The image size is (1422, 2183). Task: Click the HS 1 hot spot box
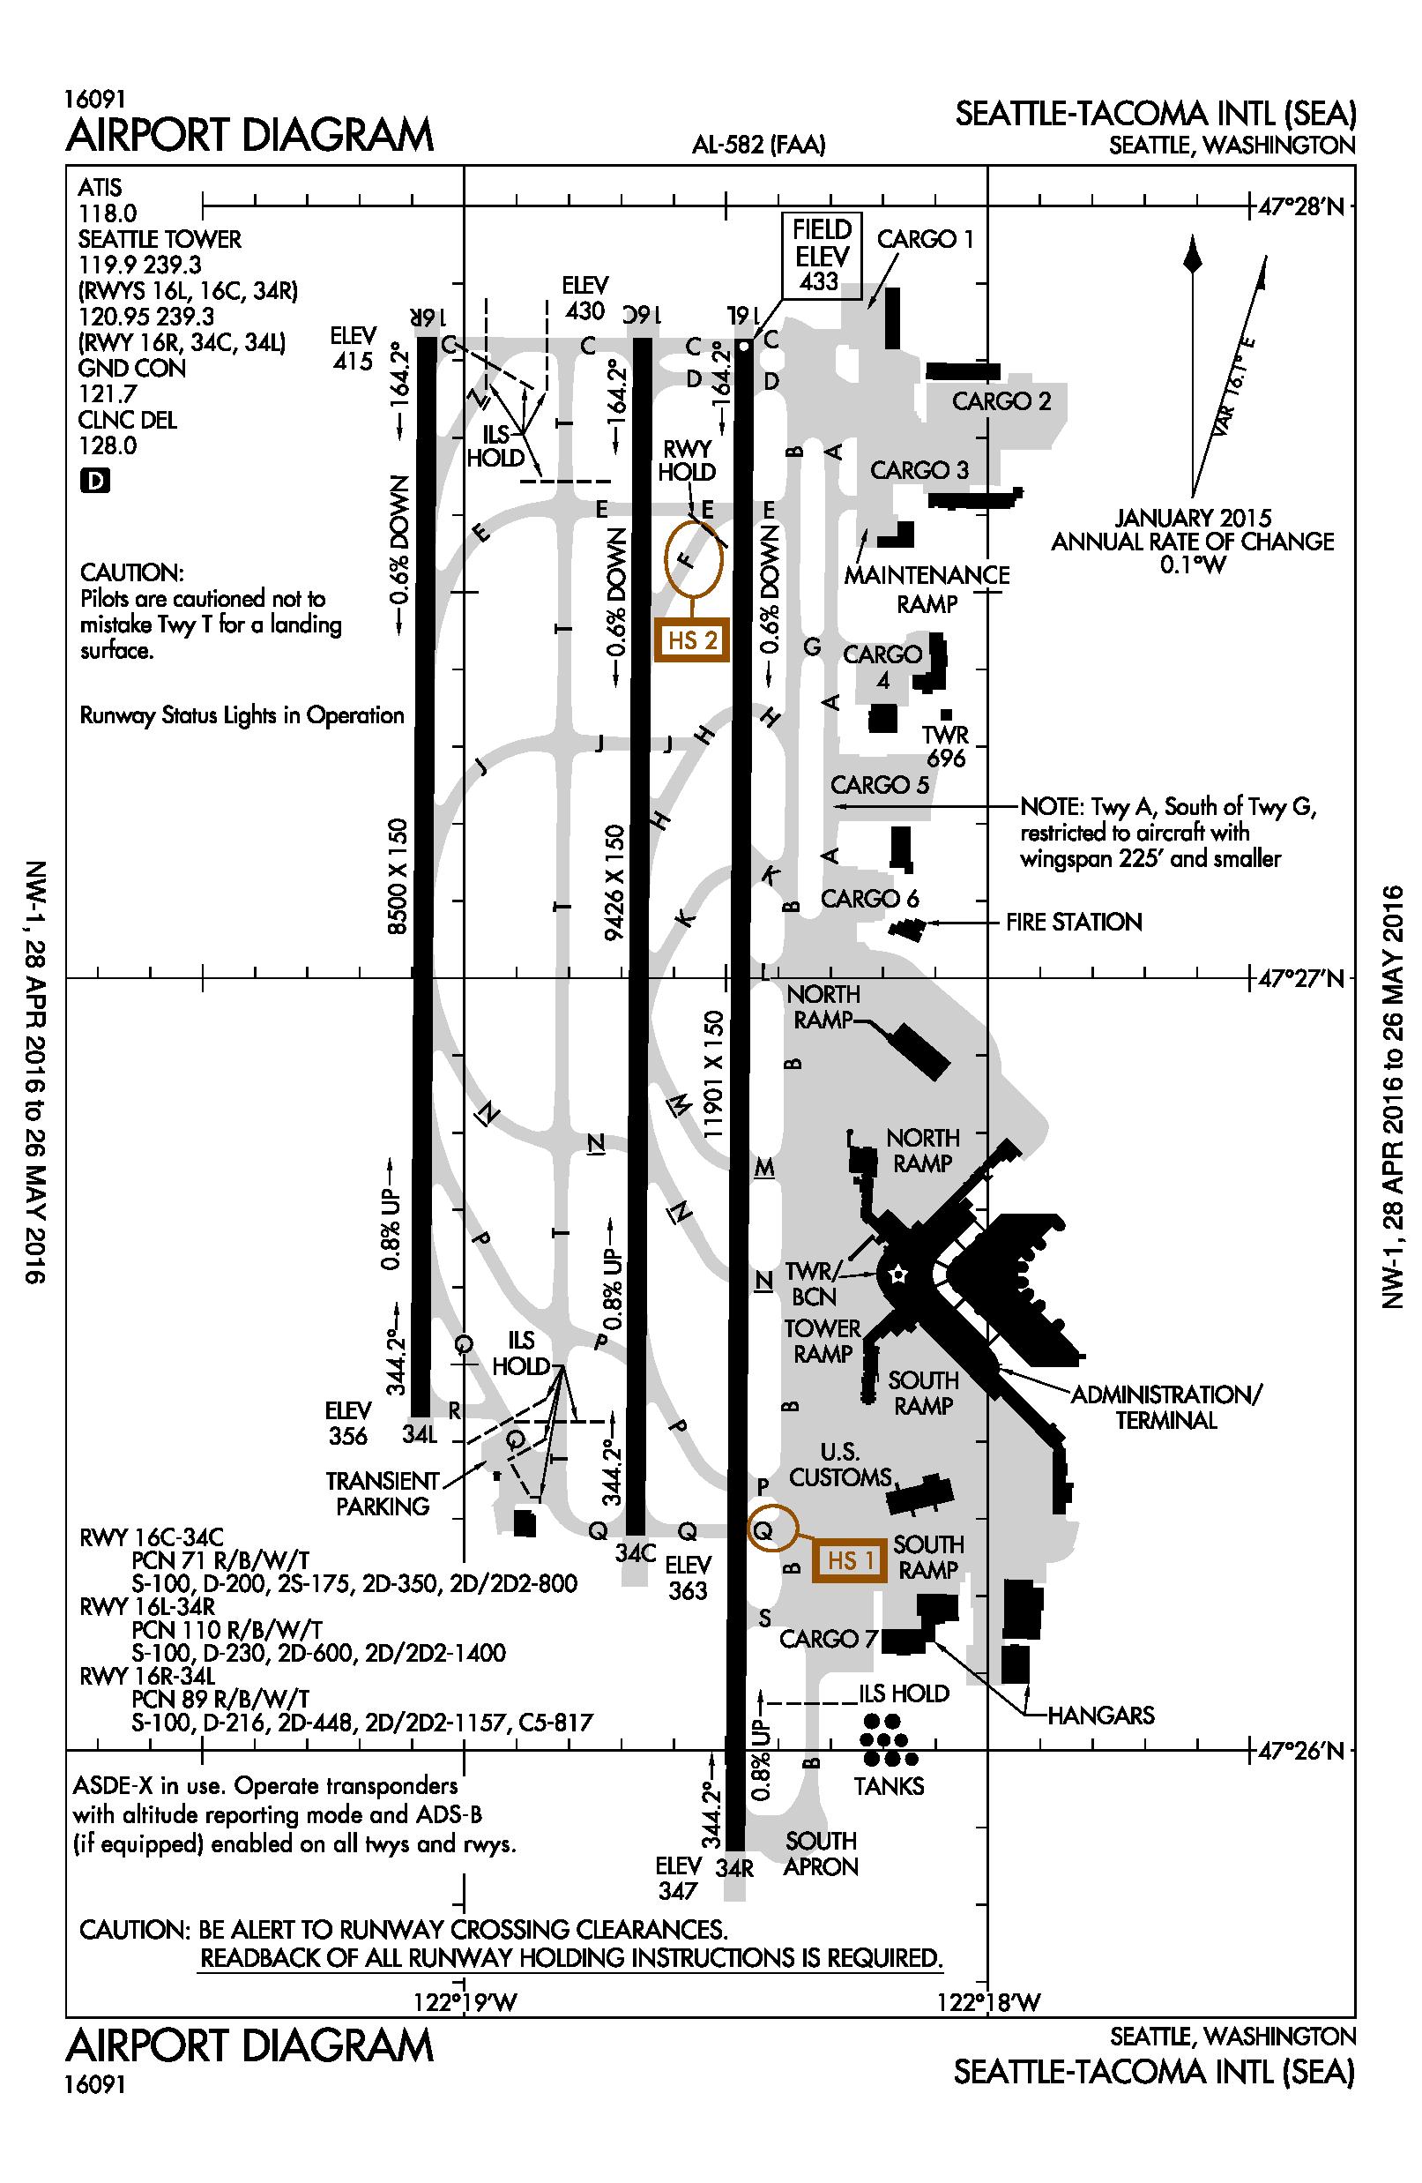tap(849, 1560)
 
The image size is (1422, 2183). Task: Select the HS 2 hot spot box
tap(692, 639)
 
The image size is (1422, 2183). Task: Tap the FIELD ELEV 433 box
tap(823, 255)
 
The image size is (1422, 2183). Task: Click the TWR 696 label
tap(945, 745)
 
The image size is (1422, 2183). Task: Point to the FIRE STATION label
tap(1074, 922)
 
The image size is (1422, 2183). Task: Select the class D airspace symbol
tap(95, 480)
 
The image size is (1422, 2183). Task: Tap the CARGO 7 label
tap(828, 1638)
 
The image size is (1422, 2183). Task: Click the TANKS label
tap(889, 1785)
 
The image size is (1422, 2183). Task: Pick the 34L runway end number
tap(421, 1435)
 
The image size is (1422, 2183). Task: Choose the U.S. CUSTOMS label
tap(840, 1465)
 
